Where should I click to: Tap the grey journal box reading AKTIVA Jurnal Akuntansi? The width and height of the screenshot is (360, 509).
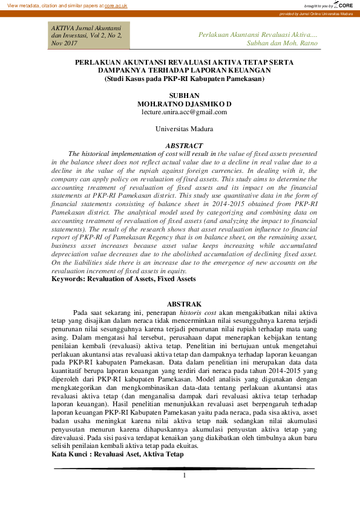pyautogui.click(x=87, y=36)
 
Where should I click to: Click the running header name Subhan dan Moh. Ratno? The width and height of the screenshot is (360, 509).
pyautogui.click(x=283, y=44)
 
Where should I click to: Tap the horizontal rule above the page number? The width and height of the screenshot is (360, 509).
pyautogui.click(x=184, y=468)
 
